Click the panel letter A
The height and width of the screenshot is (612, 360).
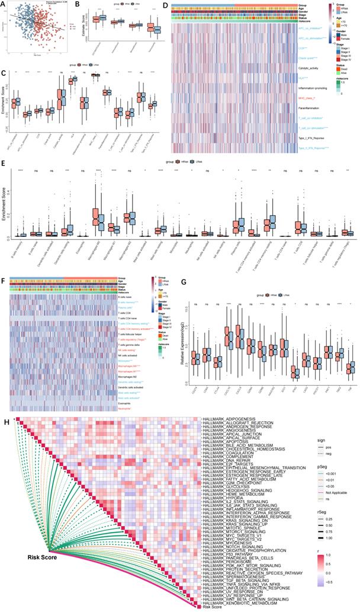[x=4, y=4]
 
